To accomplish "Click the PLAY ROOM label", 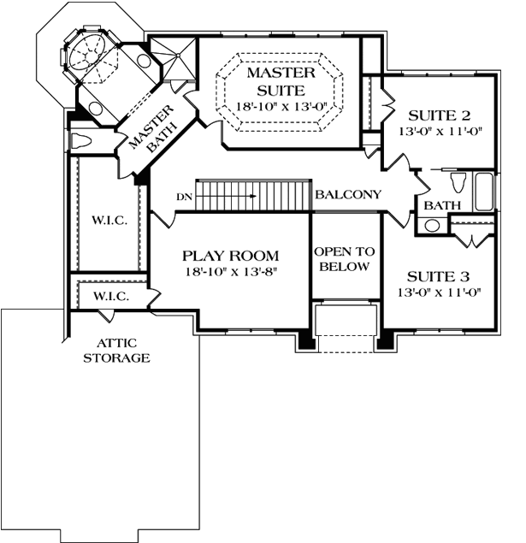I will [x=231, y=256].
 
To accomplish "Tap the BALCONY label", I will [x=347, y=195].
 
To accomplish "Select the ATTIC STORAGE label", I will [x=116, y=351].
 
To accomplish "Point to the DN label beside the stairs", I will [x=183, y=197].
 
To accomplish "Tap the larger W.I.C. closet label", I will [x=109, y=221].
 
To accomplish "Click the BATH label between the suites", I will [x=441, y=206].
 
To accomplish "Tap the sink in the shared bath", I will [x=433, y=226].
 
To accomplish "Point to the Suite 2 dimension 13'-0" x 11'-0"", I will [x=440, y=133].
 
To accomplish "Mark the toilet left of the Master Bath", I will [x=82, y=141].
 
